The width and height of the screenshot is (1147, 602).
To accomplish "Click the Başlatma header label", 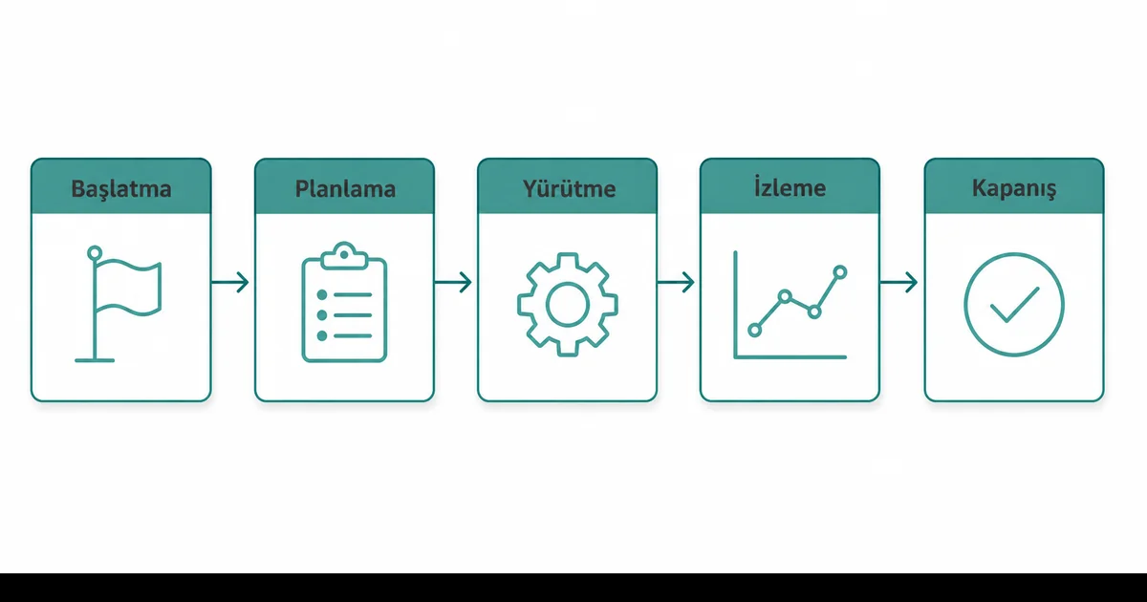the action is [121, 189].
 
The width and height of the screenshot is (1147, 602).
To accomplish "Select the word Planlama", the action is [345, 189].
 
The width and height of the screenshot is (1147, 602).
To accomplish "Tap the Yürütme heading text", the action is [569, 188].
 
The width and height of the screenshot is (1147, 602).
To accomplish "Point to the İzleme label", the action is [790, 187].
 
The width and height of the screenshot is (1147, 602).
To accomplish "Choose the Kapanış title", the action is [1014, 188].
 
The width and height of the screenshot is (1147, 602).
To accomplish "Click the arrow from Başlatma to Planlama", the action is [230, 282].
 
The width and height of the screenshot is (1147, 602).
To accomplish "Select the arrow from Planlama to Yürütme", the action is [453, 282].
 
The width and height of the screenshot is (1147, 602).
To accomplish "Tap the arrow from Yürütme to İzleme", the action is [676, 282].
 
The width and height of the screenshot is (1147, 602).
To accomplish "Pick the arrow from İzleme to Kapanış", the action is [898, 282].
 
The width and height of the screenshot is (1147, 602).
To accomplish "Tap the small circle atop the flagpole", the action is [95, 253].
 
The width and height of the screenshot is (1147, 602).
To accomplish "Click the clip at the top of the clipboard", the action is [344, 255].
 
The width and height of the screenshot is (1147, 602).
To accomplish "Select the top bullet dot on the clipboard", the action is [322, 295].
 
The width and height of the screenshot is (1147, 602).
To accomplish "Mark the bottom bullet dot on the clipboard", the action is [322, 335].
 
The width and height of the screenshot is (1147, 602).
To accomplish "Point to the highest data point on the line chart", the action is [840, 271].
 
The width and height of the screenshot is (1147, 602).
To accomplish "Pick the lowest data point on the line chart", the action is [754, 331].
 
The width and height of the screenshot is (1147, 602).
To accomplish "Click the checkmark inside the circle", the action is [1014, 305].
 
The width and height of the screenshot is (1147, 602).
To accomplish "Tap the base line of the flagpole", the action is [95, 360].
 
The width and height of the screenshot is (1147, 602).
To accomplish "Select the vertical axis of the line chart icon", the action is [735, 305].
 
